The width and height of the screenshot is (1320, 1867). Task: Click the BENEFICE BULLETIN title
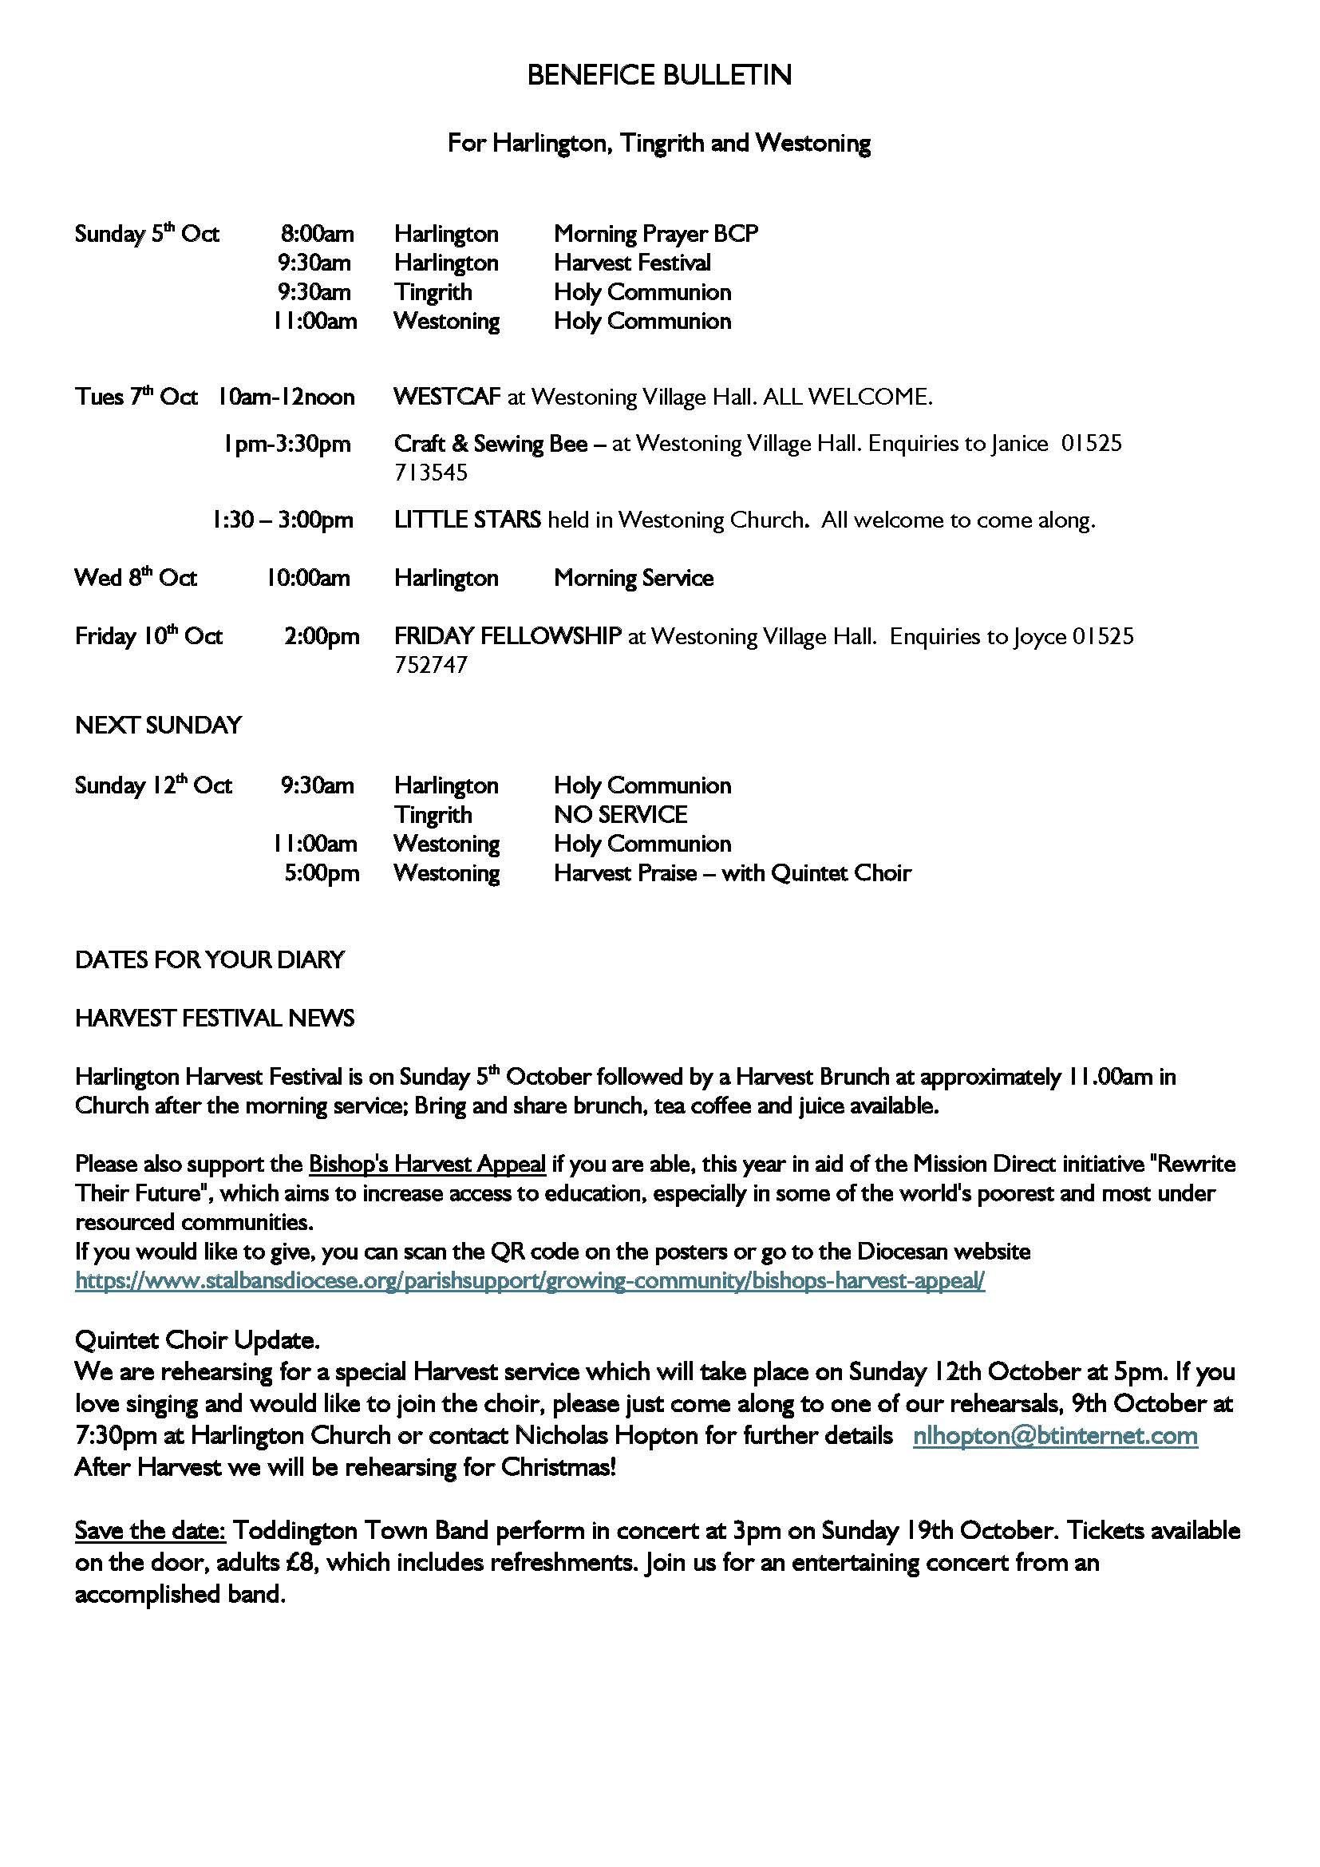[x=658, y=75]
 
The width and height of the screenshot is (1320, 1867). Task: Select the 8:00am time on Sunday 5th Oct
[x=317, y=234]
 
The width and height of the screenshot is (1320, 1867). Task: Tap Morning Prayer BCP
[x=655, y=234]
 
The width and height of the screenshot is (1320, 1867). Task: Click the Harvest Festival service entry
[x=631, y=263]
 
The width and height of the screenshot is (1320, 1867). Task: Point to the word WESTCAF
[x=446, y=397]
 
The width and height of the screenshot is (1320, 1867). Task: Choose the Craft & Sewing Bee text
[x=490, y=444]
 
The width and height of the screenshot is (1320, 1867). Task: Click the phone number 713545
[x=431, y=473]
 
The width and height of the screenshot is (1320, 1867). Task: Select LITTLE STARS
[x=468, y=520]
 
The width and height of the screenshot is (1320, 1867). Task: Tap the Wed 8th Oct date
[x=136, y=578]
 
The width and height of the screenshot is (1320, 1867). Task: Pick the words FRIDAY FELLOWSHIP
[x=508, y=636]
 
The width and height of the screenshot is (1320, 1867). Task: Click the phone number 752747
[x=431, y=665]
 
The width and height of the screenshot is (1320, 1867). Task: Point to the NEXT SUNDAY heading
[x=159, y=725]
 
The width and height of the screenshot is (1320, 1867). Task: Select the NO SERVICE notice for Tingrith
[x=620, y=815]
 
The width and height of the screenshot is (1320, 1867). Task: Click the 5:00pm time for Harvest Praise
[x=321, y=873]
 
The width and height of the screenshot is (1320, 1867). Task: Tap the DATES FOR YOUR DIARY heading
[x=210, y=959]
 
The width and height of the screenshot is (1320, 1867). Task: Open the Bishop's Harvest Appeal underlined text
[x=427, y=1165]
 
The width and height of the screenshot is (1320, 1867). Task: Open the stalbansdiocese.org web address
[x=530, y=1280]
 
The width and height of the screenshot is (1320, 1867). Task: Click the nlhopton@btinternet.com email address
[x=1055, y=1435]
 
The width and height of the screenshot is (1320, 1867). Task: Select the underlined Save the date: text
[x=150, y=1530]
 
